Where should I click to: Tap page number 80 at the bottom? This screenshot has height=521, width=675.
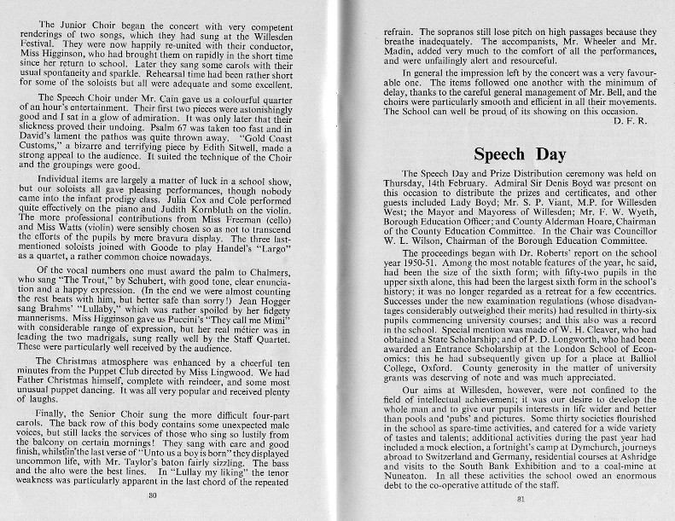click(154, 495)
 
